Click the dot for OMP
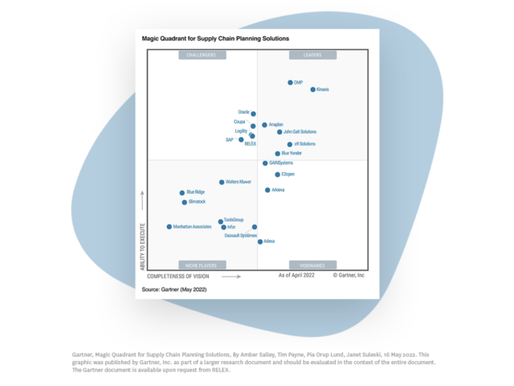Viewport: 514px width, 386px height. (290, 83)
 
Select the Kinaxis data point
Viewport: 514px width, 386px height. (313, 89)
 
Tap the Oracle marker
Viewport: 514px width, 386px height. (253, 113)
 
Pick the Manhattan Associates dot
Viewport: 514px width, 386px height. (169, 227)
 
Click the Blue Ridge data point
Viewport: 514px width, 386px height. (182, 193)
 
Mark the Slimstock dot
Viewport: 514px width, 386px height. (184, 202)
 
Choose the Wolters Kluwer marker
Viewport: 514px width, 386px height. (222, 183)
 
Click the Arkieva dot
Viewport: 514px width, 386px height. (267, 190)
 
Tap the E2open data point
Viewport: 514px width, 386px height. (277, 175)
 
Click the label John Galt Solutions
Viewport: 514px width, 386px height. (300, 132)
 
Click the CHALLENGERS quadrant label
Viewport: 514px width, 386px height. (202, 55)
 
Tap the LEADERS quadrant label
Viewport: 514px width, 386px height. (312, 55)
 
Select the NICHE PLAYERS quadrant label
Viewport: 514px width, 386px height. (202, 265)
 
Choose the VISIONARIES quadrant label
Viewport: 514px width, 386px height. (312, 265)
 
